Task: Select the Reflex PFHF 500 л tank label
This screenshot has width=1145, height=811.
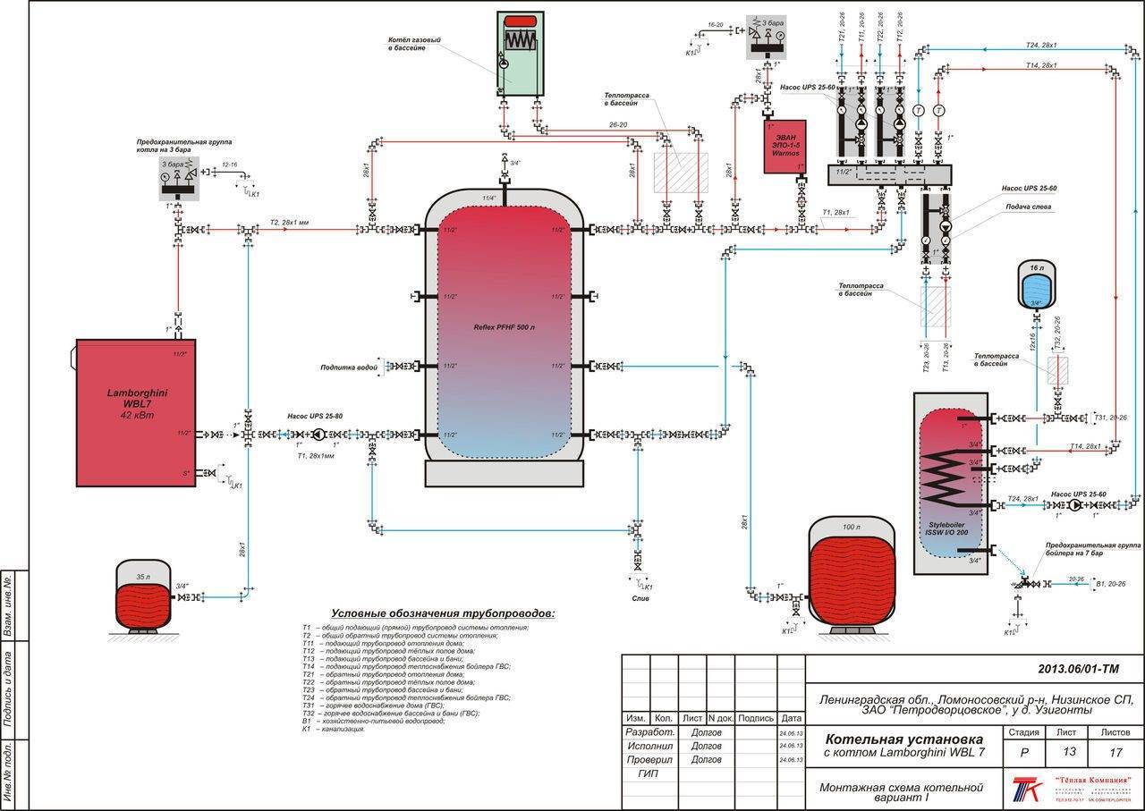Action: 504,327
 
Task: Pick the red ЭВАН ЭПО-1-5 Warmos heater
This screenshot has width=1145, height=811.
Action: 784,147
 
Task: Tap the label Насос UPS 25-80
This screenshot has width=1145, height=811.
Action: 312,416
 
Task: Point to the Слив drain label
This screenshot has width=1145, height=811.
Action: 639,598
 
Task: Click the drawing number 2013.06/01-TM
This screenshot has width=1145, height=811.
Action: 1078,669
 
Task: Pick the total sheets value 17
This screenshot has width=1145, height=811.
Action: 1115,751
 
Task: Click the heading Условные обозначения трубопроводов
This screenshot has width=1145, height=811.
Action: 443,614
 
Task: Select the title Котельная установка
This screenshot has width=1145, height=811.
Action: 903,739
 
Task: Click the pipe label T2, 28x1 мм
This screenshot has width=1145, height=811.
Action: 289,222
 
